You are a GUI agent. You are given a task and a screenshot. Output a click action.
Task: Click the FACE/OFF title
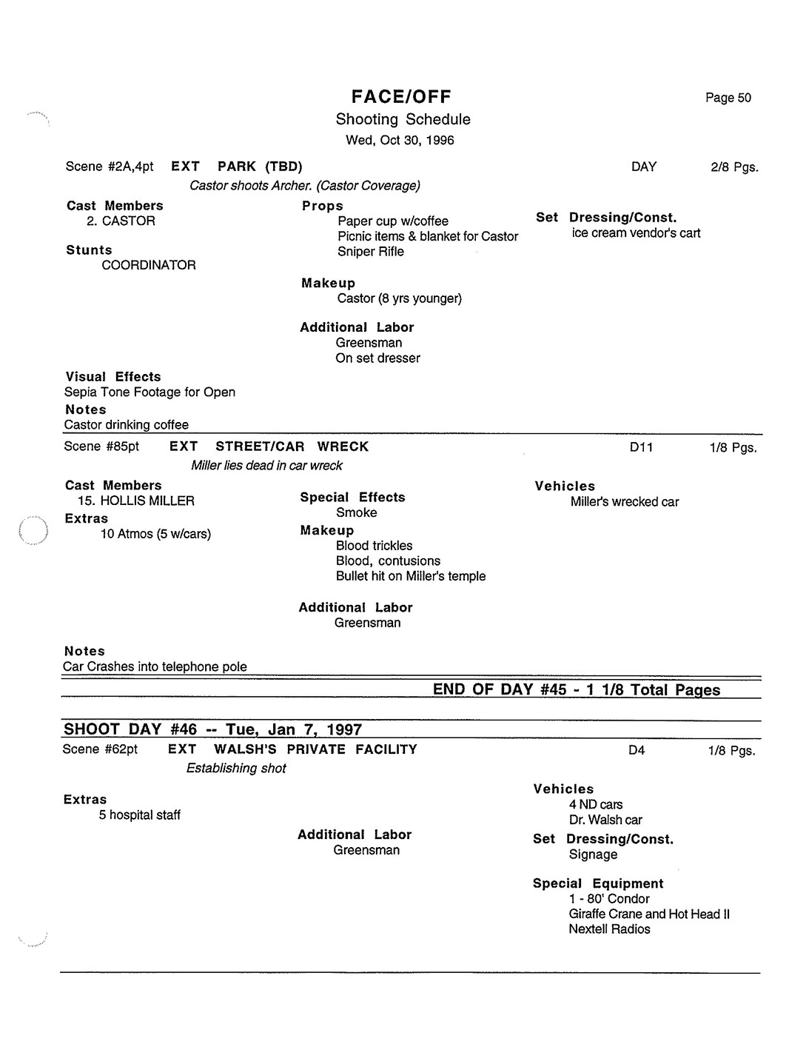[400, 96]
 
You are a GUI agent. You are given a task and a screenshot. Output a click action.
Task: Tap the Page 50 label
[728, 98]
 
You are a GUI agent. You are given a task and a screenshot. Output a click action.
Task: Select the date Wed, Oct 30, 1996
[400, 140]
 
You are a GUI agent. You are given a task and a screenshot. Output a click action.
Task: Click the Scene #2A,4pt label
[110, 167]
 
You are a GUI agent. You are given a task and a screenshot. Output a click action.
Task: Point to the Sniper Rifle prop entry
[371, 252]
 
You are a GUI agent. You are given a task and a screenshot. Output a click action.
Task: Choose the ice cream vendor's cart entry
[636, 233]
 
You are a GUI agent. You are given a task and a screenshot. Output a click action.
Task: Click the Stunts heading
[89, 250]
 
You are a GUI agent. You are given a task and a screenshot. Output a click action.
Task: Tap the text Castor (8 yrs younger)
[399, 298]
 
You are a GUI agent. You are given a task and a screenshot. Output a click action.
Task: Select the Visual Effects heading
[113, 377]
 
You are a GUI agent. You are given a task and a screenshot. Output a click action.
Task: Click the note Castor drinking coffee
[127, 425]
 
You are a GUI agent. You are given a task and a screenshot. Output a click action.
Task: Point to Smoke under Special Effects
[356, 512]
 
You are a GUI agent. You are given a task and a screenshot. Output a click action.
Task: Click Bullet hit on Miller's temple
[411, 576]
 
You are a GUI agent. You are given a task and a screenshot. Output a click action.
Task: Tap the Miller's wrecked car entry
[624, 502]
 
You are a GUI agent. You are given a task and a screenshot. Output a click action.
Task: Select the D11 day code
[641, 447]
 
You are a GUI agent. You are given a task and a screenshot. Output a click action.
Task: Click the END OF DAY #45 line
[576, 689]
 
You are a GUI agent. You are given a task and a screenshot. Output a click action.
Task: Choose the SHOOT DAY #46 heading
[212, 729]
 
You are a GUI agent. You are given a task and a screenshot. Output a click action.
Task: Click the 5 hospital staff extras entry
[140, 815]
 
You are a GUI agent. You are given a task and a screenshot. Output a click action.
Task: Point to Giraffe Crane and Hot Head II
[649, 914]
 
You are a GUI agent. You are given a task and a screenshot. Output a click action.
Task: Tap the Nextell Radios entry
[609, 929]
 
